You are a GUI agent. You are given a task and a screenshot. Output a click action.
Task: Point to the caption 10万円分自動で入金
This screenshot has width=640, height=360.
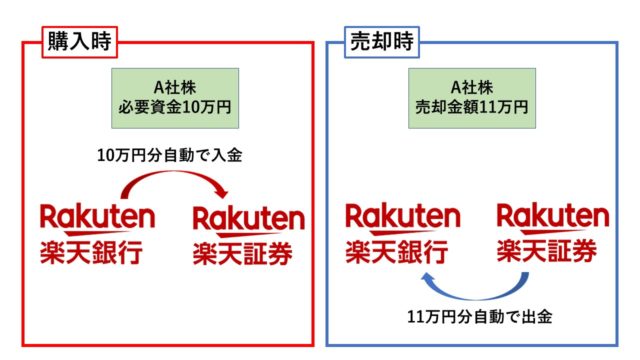pos(171,156)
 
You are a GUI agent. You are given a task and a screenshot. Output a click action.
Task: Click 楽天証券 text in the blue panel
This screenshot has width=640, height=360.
pos(553,251)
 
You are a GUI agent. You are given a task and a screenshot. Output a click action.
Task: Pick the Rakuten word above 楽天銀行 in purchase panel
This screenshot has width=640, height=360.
pos(97,217)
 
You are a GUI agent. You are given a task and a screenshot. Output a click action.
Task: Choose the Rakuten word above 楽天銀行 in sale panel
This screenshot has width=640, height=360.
pos(402,217)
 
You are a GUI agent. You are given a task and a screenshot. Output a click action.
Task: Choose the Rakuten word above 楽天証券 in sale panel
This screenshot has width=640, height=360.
pos(553,217)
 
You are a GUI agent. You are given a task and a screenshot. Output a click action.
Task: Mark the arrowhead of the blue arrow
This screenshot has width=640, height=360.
pos(424,278)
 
